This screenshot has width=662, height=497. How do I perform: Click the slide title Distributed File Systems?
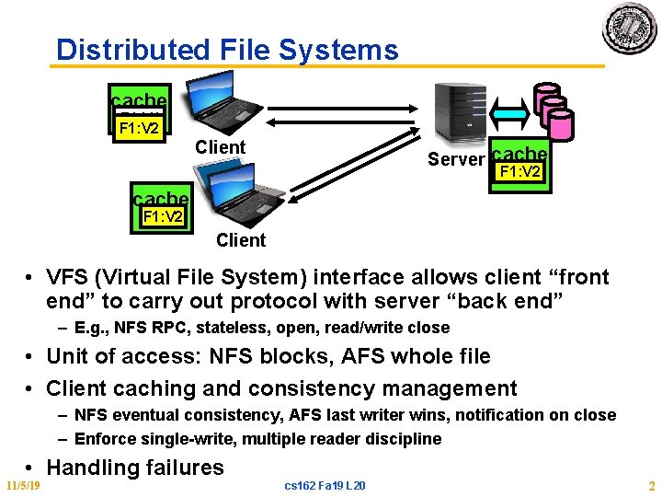click(x=227, y=50)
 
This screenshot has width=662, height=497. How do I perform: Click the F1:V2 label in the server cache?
click(x=519, y=173)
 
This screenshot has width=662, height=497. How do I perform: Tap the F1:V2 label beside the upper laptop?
click(x=140, y=127)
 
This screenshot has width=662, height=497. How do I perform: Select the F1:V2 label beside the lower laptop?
click(x=162, y=217)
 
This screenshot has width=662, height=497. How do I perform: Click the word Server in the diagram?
click(x=455, y=160)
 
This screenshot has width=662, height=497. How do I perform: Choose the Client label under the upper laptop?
click(x=220, y=147)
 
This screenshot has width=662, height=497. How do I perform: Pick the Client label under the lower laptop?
click(x=240, y=241)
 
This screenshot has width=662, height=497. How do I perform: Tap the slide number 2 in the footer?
click(x=650, y=485)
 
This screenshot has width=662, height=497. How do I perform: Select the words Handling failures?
click(x=134, y=467)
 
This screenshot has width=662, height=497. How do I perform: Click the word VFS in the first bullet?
click(x=68, y=277)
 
